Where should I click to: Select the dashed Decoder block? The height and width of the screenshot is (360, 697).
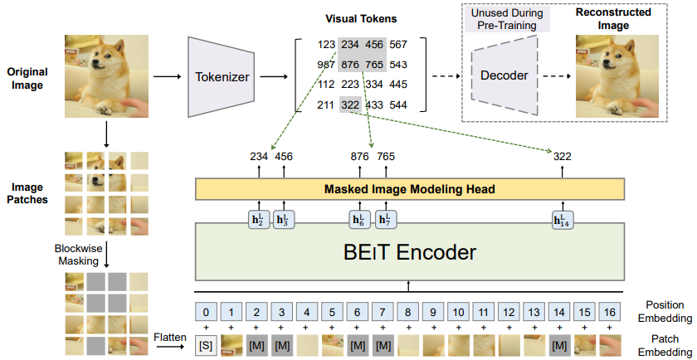click(x=504, y=75)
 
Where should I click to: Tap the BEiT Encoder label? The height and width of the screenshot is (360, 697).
click(x=408, y=251)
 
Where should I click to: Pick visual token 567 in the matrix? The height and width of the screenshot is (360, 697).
click(x=421, y=44)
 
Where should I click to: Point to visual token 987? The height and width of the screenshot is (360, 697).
click(x=326, y=65)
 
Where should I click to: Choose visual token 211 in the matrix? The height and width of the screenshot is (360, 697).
click(x=326, y=105)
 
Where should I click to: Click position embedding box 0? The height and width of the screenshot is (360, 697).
click(x=206, y=313)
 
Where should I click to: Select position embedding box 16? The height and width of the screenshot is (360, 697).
click(x=610, y=313)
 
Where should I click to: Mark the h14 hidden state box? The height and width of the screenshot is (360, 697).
click(x=560, y=220)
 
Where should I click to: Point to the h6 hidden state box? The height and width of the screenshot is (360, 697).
click(x=358, y=220)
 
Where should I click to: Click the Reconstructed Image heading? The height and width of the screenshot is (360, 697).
click(x=614, y=19)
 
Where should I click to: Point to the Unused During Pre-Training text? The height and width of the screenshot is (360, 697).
click(x=505, y=19)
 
